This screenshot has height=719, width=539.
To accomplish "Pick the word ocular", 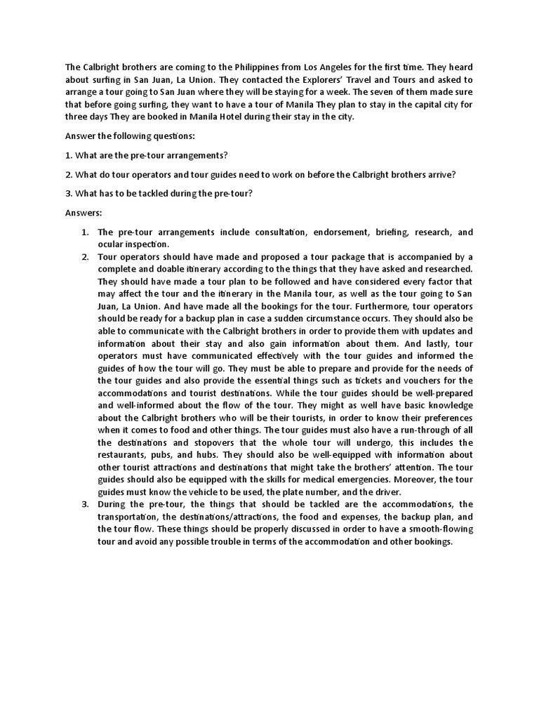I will [x=111, y=244].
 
